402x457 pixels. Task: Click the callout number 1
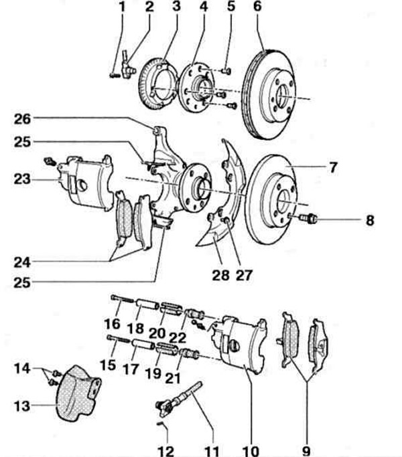(122, 7)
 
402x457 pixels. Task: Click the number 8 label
(370, 219)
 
